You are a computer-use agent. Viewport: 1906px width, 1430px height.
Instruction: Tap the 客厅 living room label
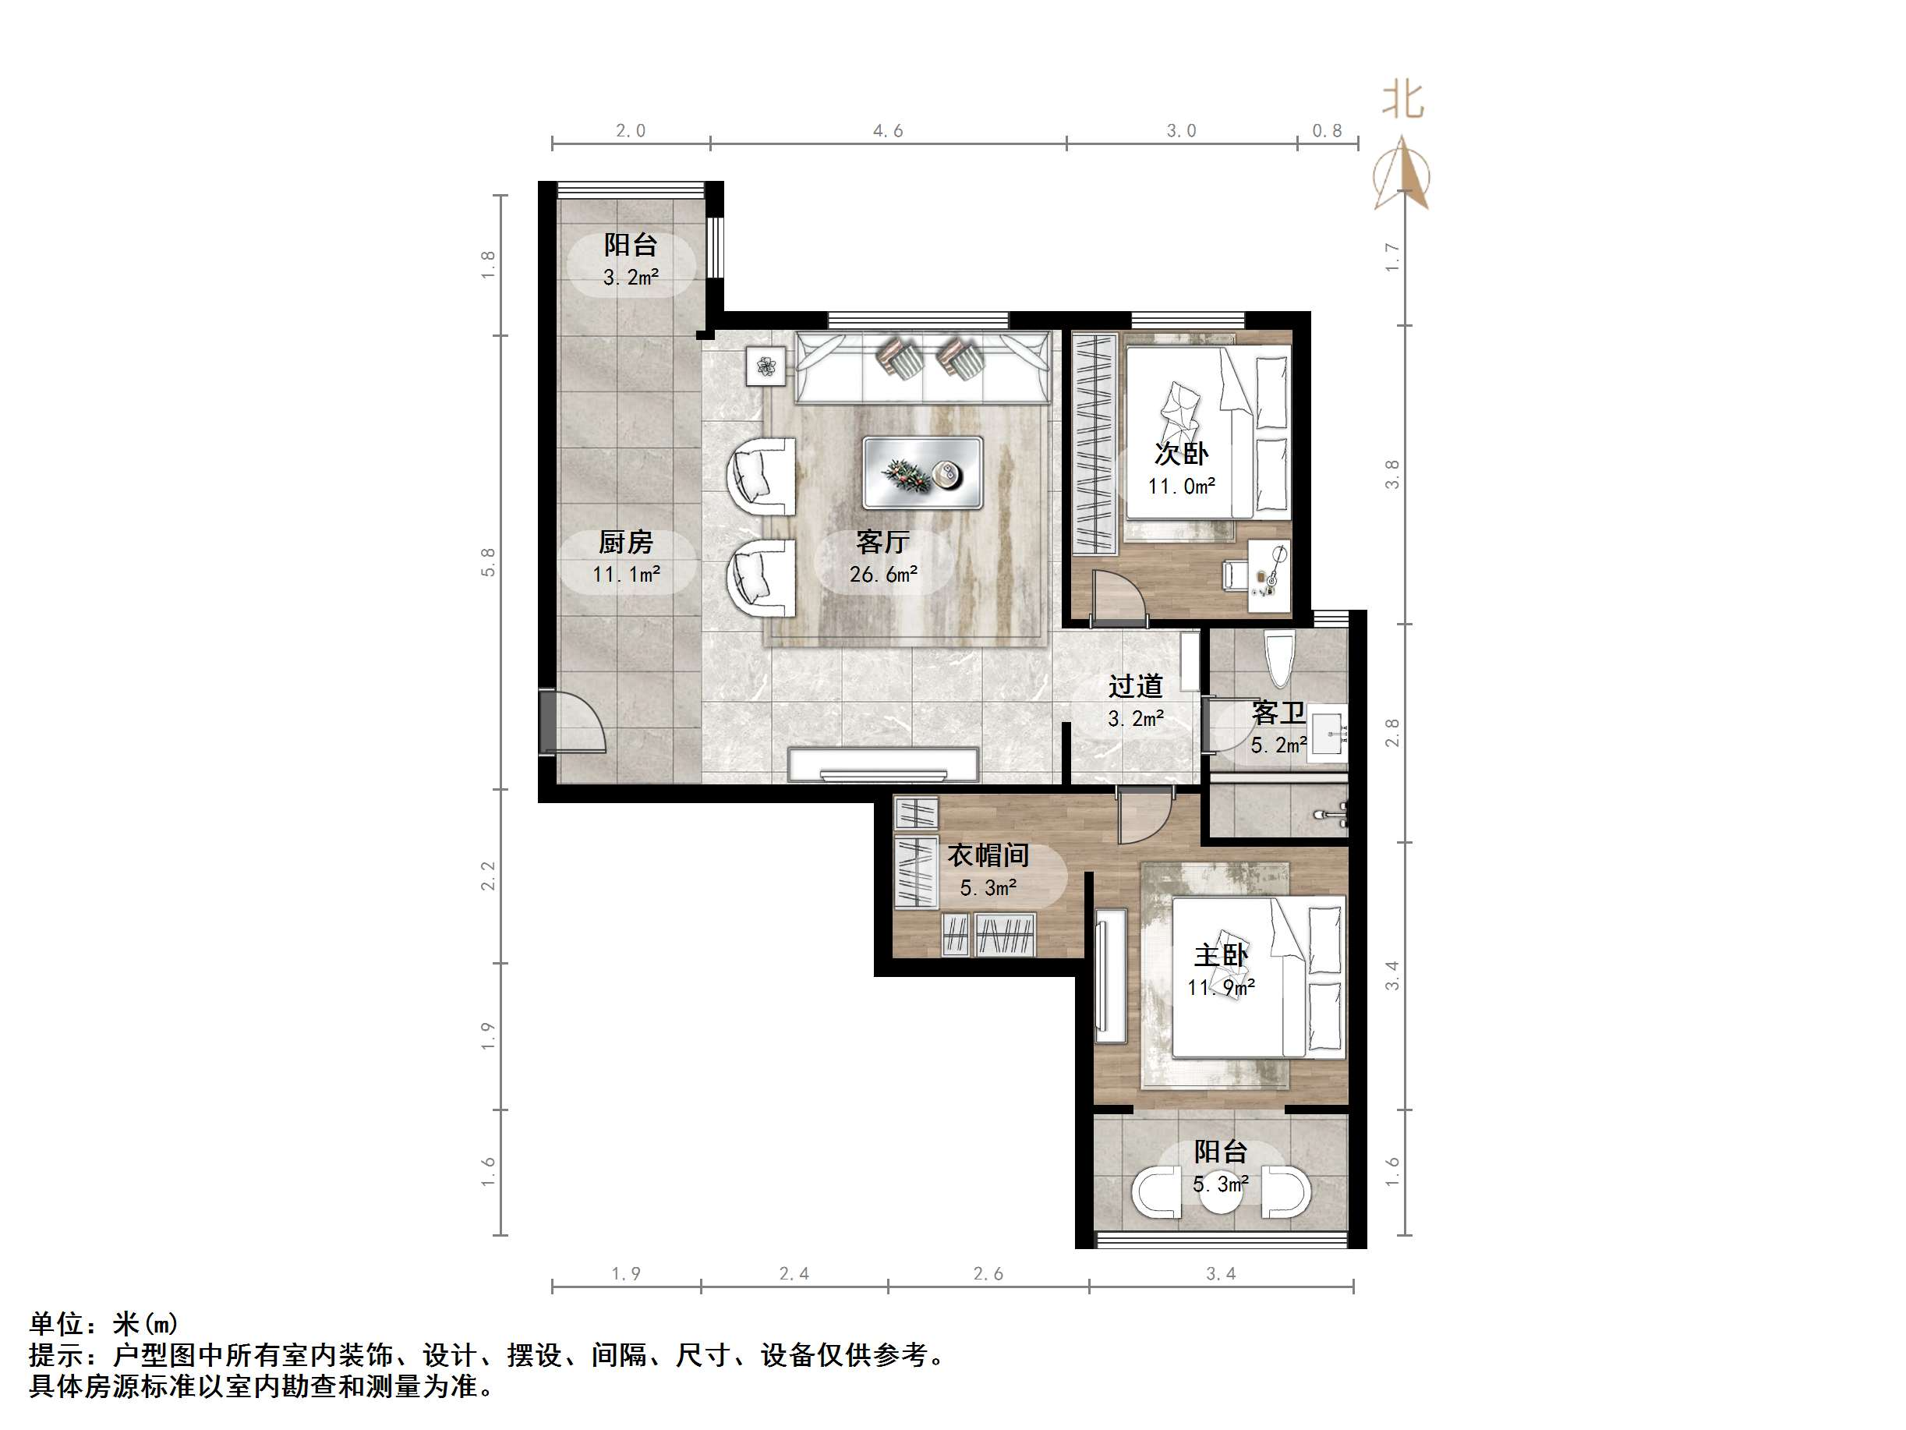coord(882,542)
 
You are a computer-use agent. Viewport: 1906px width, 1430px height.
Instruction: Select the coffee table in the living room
coord(923,473)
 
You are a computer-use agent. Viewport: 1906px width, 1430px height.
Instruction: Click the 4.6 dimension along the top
coord(887,131)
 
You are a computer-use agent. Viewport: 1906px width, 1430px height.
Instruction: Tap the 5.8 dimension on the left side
coord(489,562)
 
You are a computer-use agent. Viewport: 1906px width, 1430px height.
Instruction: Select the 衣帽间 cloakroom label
coord(988,855)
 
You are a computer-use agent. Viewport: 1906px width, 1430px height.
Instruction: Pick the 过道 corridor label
coord(1136,686)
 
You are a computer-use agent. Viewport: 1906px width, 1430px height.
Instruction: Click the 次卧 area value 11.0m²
coord(1181,486)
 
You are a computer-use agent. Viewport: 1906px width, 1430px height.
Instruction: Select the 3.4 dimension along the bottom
coord(1220,1273)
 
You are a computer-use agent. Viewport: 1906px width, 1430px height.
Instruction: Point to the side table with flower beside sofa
coord(766,367)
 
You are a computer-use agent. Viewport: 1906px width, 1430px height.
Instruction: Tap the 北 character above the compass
coord(1402,101)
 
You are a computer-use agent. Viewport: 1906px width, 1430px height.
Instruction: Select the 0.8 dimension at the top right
coord(1327,131)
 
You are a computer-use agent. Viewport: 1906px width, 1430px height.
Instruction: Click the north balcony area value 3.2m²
coord(631,278)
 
